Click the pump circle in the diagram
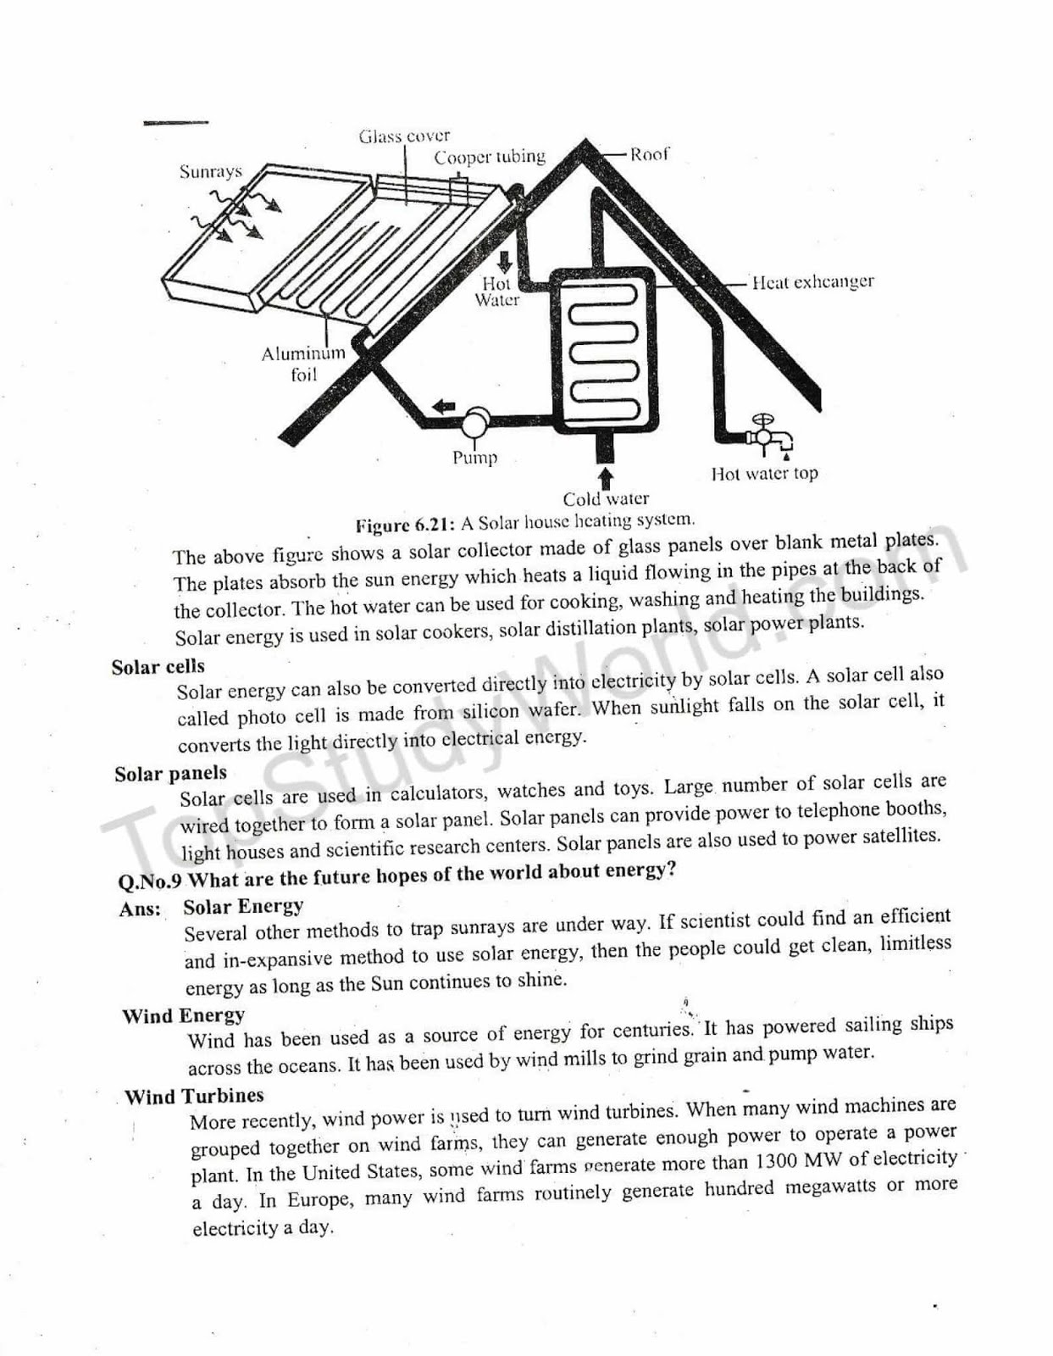[475, 421]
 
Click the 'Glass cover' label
[404, 136]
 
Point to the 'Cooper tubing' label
[490, 157]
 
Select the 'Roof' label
[649, 154]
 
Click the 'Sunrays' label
[211, 171]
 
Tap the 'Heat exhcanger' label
[812, 282]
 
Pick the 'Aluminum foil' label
[303, 364]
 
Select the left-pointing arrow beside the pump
[443, 407]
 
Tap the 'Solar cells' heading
[158, 666]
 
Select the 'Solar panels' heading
[171, 774]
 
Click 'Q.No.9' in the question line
[150, 881]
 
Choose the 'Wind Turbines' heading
[194, 1096]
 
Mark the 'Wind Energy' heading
[183, 1015]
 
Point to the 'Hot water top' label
[764, 474]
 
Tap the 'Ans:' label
[141, 909]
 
